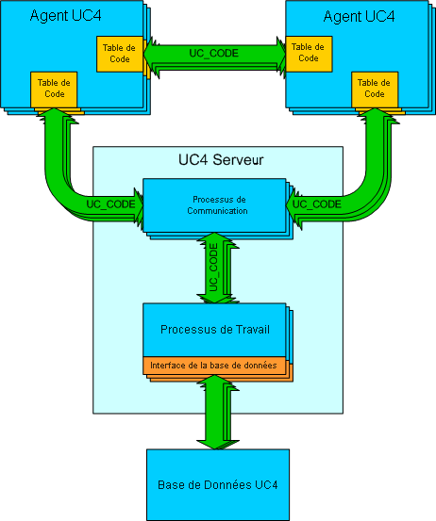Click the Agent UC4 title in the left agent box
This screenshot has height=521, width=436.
coord(65,16)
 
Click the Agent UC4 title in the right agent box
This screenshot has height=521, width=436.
coord(360,16)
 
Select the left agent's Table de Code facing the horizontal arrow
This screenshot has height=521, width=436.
coord(120,54)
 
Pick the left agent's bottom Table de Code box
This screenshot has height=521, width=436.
coord(54,90)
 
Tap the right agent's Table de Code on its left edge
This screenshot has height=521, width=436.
coord(309,54)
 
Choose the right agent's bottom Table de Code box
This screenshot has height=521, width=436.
coord(375,90)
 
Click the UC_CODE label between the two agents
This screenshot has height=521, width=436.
coord(213,53)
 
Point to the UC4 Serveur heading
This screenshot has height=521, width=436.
coord(221,160)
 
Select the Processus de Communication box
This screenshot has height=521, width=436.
coord(214,205)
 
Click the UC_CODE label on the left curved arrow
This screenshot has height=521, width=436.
coord(110,204)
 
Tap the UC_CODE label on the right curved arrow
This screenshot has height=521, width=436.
coord(317,204)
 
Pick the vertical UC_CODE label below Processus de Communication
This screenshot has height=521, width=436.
coord(213,268)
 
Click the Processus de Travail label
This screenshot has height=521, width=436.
coord(215,330)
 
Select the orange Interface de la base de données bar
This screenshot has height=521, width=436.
coord(214,366)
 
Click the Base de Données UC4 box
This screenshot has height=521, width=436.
coord(218,485)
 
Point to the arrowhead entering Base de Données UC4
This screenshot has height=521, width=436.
coord(214,445)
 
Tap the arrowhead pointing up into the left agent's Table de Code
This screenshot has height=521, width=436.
coord(54,112)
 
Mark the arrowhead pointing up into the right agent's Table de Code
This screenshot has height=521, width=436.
coord(375,112)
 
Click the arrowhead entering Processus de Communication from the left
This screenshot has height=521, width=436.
coord(139,205)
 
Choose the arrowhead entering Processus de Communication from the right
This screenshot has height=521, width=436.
coord(291,205)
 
